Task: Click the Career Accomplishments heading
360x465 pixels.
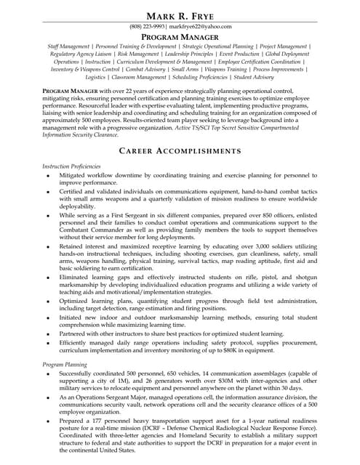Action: pyautogui.click(x=180, y=150)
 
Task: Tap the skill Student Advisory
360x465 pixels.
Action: pyautogui.click(x=254, y=76)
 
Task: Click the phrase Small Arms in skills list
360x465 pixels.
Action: pyautogui.click(x=200, y=69)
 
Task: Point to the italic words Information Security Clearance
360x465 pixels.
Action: pyautogui.click(x=79, y=134)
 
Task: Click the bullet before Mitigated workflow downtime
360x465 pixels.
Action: pyautogui.click(x=47, y=176)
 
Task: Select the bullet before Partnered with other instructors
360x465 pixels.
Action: pyautogui.click(x=47, y=333)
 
